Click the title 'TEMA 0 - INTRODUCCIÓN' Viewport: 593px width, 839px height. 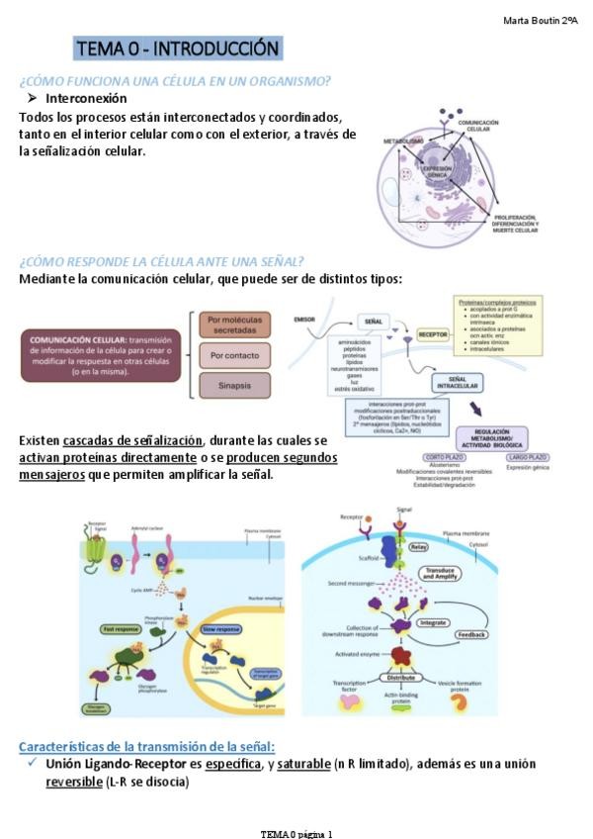click(178, 48)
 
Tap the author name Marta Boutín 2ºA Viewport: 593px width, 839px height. click(541, 21)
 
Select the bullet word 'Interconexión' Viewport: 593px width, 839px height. click(86, 98)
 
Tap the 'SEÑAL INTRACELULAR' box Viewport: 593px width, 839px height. click(458, 384)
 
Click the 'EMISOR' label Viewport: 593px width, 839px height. click(304, 320)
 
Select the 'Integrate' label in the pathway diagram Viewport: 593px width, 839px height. click(433, 622)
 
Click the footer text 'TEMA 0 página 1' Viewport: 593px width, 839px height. click(296, 833)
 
